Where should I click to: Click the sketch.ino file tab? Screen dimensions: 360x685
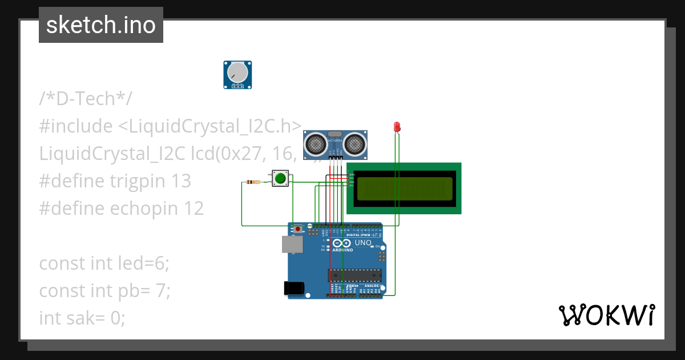(x=101, y=25)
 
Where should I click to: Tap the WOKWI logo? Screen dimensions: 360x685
(x=606, y=315)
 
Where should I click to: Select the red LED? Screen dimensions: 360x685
(x=397, y=127)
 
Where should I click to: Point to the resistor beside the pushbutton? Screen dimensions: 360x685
(x=252, y=182)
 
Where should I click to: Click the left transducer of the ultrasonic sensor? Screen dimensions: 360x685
(x=315, y=143)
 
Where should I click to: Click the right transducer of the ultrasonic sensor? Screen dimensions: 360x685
(x=354, y=143)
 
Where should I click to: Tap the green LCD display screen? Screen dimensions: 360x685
(x=404, y=188)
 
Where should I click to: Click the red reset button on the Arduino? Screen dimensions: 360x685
(x=299, y=229)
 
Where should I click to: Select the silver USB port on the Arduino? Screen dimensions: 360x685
(x=291, y=245)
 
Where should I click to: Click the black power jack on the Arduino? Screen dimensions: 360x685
(x=293, y=289)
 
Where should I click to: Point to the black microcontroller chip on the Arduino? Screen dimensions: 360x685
(x=354, y=275)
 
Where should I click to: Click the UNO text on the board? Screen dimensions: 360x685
(x=363, y=243)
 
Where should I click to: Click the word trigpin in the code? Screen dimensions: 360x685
(x=139, y=181)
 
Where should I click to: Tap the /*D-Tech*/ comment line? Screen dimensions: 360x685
(x=86, y=99)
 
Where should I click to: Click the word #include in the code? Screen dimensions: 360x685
(x=75, y=126)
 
